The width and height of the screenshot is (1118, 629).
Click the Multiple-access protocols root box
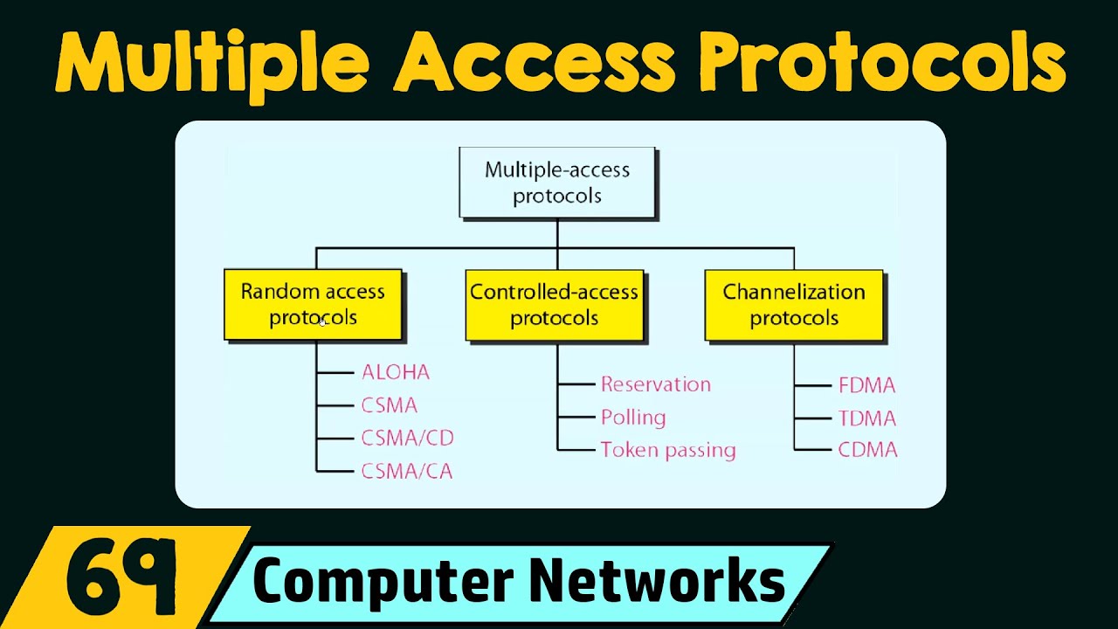pyautogui.click(x=557, y=183)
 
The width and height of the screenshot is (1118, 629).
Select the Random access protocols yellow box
pyautogui.click(x=313, y=304)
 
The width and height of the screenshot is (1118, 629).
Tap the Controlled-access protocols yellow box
pyautogui.click(x=554, y=304)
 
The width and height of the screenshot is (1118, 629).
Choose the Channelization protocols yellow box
pyautogui.click(x=793, y=304)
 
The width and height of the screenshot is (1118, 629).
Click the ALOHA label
pyautogui.click(x=396, y=372)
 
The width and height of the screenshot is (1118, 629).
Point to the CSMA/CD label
pyautogui.click(x=407, y=438)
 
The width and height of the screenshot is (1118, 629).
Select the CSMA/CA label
pyautogui.click(x=406, y=472)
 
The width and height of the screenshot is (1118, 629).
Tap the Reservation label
pyautogui.click(x=655, y=384)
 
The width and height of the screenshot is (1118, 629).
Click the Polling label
pyautogui.click(x=633, y=418)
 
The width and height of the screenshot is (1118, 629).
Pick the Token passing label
pyautogui.click(x=668, y=451)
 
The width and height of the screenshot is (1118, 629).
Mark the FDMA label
pyautogui.click(x=866, y=385)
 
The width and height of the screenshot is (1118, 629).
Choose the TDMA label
pyautogui.click(x=866, y=418)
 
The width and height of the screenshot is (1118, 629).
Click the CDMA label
pyautogui.click(x=867, y=451)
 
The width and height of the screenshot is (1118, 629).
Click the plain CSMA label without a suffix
pyautogui.click(x=389, y=405)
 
